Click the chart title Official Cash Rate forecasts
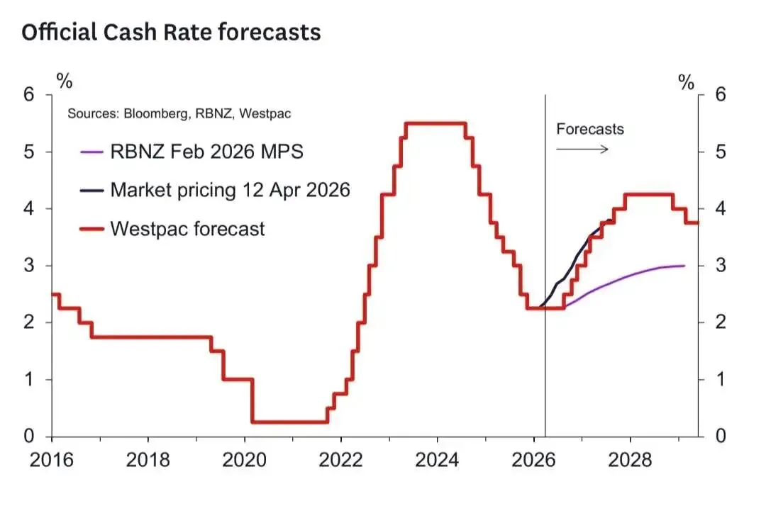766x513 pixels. (x=171, y=33)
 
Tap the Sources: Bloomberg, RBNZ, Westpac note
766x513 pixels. (x=179, y=113)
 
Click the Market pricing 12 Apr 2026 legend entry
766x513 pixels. (x=230, y=190)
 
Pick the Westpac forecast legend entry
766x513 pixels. (x=187, y=229)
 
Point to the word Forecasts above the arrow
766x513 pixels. (x=590, y=129)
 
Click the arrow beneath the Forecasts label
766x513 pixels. (x=582, y=149)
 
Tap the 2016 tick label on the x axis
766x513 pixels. (x=52, y=459)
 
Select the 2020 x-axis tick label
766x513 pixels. (x=245, y=459)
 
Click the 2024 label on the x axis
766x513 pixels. (x=438, y=459)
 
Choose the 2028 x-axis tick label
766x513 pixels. (x=631, y=459)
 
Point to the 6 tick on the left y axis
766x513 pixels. (x=29, y=94)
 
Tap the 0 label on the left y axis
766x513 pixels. (x=29, y=436)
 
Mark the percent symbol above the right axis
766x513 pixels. (x=686, y=82)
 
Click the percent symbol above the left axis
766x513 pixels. (x=65, y=80)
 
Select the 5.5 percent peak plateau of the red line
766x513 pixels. (x=435, y=123)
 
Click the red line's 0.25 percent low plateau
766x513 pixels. (x=289, y=422)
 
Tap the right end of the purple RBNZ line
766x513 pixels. (x=684, y=266)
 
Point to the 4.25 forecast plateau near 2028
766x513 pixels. (x=648, y=195)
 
